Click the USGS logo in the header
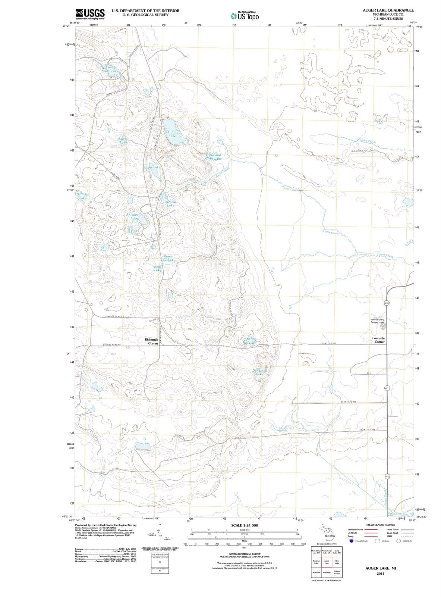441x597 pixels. click(89, 14)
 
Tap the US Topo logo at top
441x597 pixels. click(245, 16)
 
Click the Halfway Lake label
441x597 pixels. click(172, 134)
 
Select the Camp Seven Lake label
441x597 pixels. click(110, 69)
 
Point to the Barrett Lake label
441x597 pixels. click(123, 140)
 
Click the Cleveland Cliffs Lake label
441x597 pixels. click(214, 157)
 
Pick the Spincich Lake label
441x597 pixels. click(83, 196)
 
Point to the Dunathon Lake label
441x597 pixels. click(260, 372)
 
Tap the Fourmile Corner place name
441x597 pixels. click(379, 340)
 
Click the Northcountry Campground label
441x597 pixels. click(379, 321)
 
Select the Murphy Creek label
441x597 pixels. click(366, 141)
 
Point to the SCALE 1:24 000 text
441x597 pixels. click(245, 525)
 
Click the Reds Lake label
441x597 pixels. click(158, 268)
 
